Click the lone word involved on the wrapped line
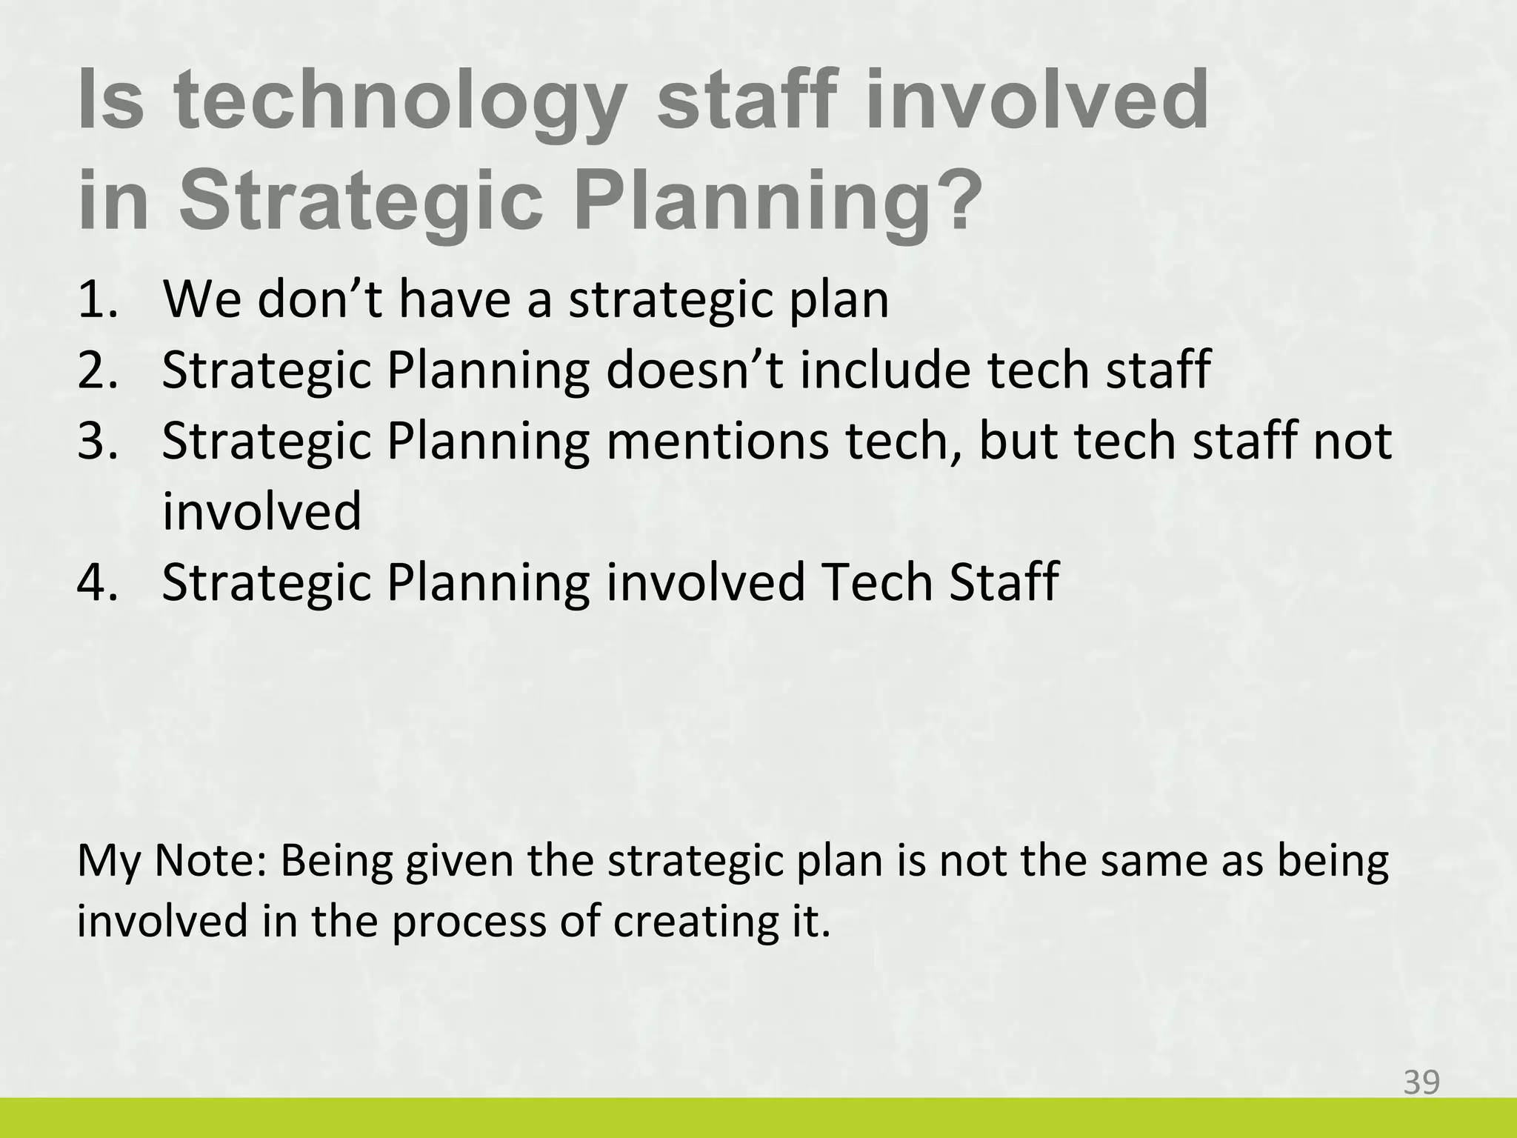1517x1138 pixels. [261, 511]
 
